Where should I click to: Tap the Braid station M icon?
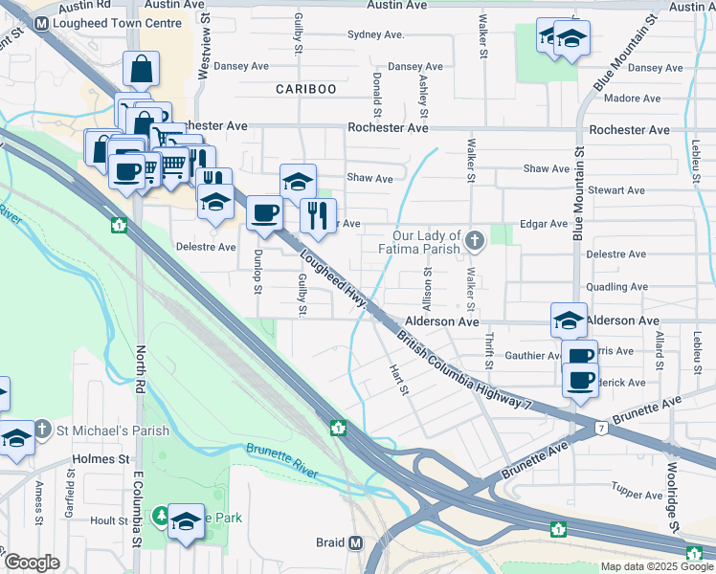coord(356,542)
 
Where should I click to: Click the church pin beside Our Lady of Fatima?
coord(477,240)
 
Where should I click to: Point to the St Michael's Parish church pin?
coord(43,428)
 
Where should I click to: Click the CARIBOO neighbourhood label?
coord(306,89)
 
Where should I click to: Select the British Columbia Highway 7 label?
coord(463,371)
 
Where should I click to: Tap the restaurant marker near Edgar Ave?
coord(318,216)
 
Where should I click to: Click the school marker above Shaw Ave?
coord(298,180)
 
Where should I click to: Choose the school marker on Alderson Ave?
coord(569,319)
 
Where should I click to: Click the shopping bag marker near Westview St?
coord(141,69)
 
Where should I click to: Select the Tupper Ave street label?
coord(638,495)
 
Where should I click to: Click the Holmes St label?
coord(101,459)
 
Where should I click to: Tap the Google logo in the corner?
coord(32,563)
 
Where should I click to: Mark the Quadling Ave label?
coord(617,287)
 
